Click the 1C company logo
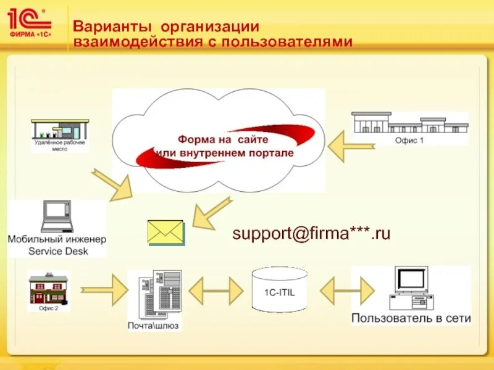click(29, 23)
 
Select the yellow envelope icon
click(166, 232)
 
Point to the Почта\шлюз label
click(154, 324)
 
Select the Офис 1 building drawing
click(409, 123)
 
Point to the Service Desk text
click(58, 251)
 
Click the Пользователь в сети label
click(411, 318)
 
